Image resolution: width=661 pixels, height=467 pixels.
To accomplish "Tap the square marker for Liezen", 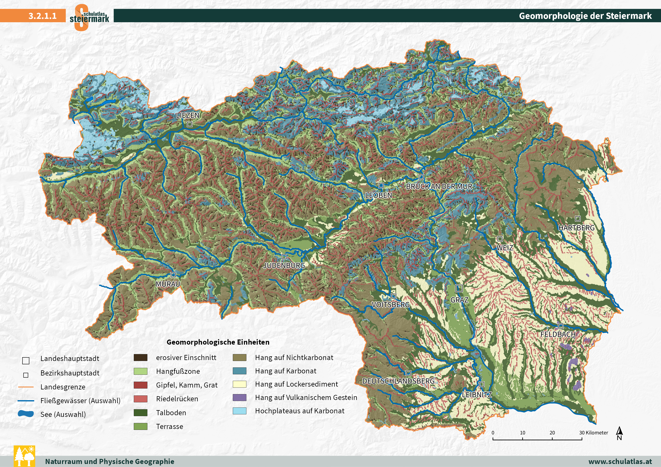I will [x=189, y=124].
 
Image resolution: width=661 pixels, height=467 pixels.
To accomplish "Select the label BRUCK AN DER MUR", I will [x=439, y=186].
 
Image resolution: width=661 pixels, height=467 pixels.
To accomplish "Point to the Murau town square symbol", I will [x=173, y=275].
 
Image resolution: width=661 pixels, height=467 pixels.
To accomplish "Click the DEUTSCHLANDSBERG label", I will [x=398, y=381].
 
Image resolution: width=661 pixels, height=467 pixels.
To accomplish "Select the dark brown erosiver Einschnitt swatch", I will [x=140, y=357].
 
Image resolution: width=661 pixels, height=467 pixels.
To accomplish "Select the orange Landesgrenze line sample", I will [x=26, y=387].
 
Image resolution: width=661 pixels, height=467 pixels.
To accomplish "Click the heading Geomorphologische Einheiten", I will [x=218, y=342].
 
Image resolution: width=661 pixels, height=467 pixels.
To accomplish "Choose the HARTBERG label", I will [x=576, y=228].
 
